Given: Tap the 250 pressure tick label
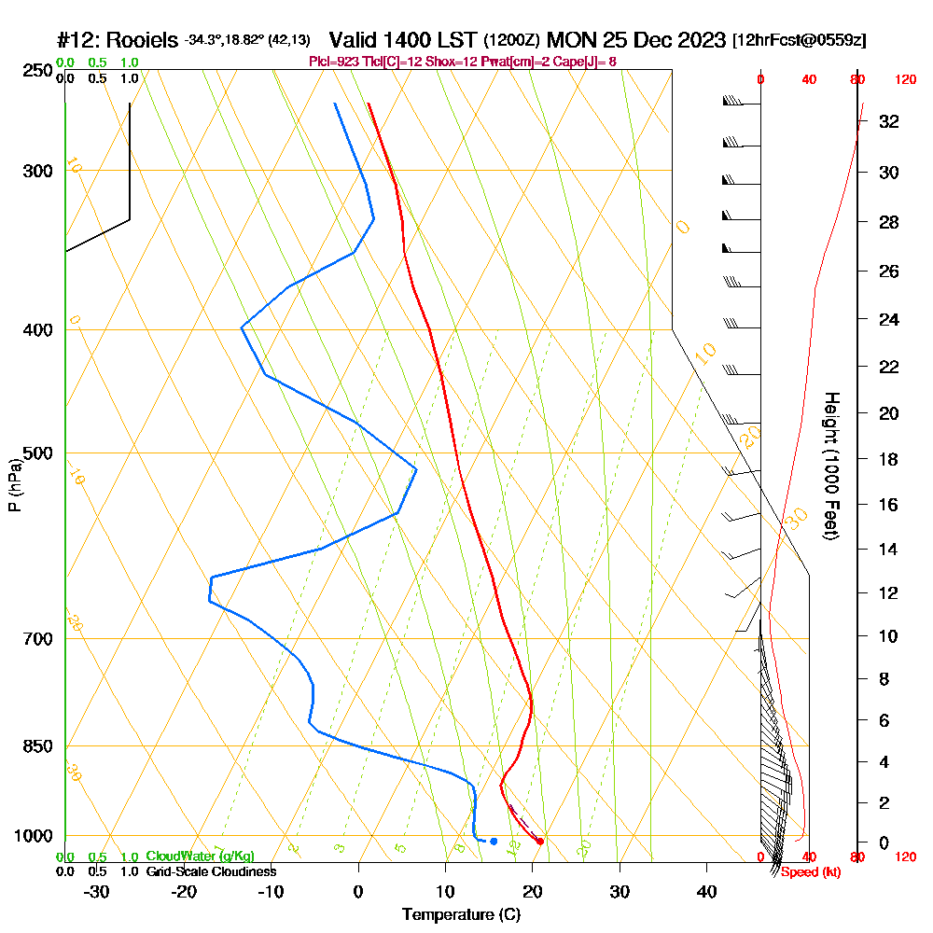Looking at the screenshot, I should [37, 71].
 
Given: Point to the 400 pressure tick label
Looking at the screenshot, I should [37, 330].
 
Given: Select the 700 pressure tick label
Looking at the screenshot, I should [37, 639].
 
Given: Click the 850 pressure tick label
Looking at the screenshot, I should [37, 746].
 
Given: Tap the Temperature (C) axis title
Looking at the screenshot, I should [461, 915].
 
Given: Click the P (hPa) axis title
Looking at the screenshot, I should [14, 485].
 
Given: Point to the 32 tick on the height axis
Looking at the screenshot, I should [889, 121].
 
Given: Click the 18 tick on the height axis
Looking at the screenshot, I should [889, 459].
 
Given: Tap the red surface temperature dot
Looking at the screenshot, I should [540, 842].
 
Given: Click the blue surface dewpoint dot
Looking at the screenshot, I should [494, 842].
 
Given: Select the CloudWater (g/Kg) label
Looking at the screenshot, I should [200, 856].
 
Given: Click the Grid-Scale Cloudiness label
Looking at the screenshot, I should [211, 871].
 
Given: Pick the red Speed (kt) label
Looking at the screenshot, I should [809, 871].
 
